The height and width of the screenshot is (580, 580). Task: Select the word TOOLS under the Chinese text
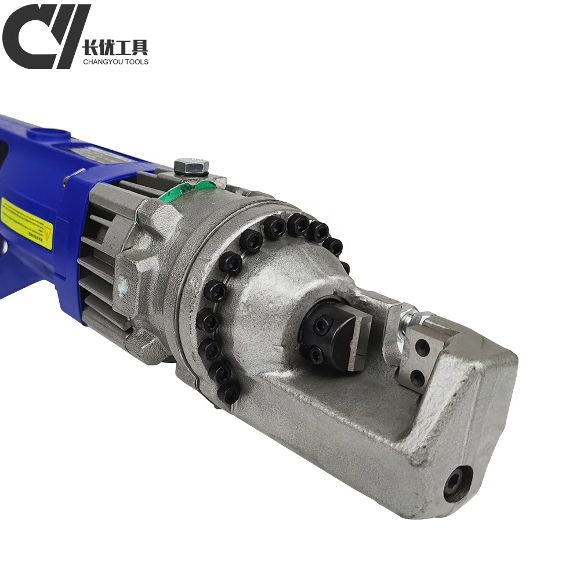pyautogui.click(x=136, y=61)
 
